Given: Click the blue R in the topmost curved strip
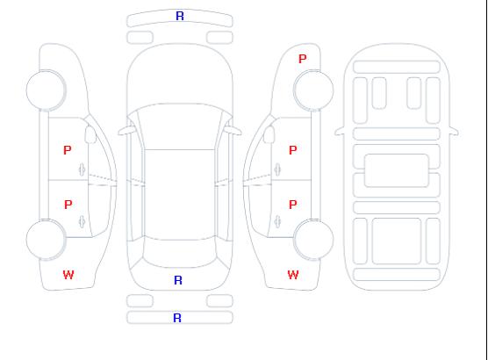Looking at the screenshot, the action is tap(180, 16).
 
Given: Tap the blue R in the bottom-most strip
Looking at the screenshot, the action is tap(177, 318).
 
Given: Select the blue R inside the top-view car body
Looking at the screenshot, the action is tap(178, 280).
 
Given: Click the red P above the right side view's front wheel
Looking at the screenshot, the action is tap(303, 59).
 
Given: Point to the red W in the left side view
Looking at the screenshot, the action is tap(68, 275).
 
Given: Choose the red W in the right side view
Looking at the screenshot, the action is tap(293, 275).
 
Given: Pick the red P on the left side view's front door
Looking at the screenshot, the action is tap(68, 150).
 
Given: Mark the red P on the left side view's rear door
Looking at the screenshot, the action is tap(68, 205).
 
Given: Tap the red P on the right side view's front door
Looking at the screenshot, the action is tap(293, 150).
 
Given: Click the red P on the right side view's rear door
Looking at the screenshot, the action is tap(293, 205).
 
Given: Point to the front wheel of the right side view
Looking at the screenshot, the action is tap(313, 90).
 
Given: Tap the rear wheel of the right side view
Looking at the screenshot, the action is tap(313, 240).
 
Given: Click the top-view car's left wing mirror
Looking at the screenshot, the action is tap(126, 131).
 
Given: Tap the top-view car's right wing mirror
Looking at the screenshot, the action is tap(233, 131).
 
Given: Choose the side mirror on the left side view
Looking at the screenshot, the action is tap(90, 134).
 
